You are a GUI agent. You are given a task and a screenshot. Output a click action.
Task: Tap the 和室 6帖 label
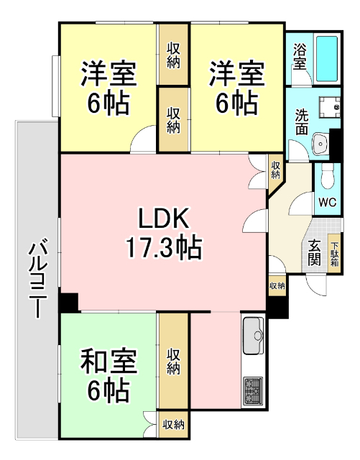coord(109,374)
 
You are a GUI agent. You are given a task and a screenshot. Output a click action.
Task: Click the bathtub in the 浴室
coord(328,57)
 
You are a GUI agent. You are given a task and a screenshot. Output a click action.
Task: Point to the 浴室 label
coord(300,56)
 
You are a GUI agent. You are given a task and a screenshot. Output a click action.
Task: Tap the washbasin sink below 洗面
coord(320,144)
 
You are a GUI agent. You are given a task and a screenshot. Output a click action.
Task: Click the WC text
coord(326,202)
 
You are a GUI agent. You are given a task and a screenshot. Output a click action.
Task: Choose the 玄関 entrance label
coord(315,252)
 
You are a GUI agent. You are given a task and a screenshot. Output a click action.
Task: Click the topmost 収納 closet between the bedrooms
coord(174,55)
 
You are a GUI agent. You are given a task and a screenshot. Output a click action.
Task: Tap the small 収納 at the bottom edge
coord(172,424)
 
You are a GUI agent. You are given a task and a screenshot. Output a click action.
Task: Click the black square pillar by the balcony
coord(69,303)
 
